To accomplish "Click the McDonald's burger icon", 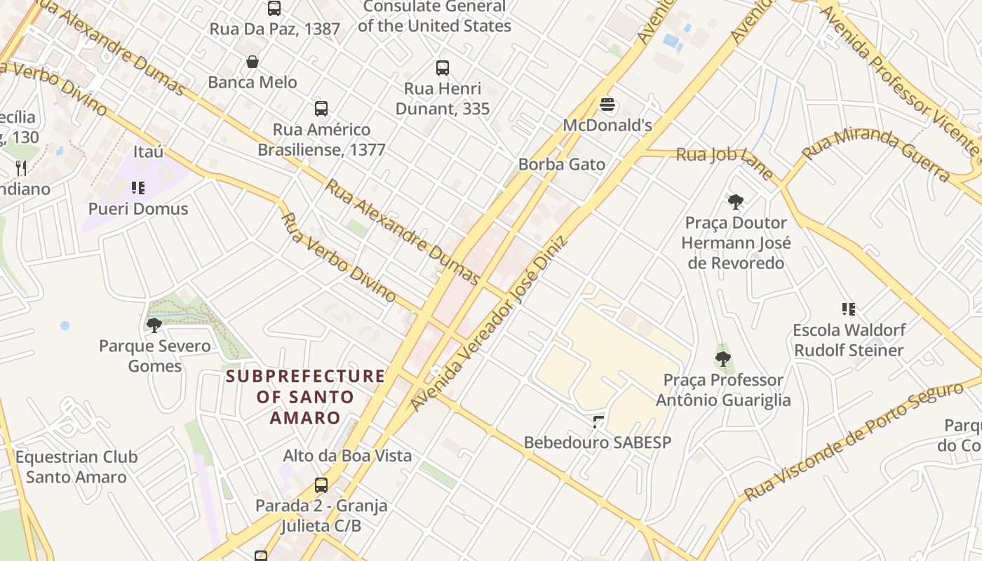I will pyautogui.click(x=608, y=105).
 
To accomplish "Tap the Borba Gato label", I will pyautogui.click(x=561, y=164).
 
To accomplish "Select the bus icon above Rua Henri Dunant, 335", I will pyautogui.click(x=442, y=68).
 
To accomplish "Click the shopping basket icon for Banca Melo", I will pyautogui.click(x=253, y=62).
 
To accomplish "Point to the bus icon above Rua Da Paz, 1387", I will pyautogui.click(x=274, y=8).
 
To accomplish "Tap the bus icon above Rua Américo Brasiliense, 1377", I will pyautogui.click(x=321, y=109).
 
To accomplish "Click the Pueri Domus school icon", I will pyautogui.click(x=138, y=187).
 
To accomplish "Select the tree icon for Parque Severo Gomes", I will pyautogui.click(x=154, y=325).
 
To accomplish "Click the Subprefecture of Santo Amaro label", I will pyautogui.click(x=305, y=397).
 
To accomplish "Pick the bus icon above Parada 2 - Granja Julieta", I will pyautogui.click(x=321, y=485).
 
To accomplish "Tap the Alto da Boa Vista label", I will pyautogui.click(x=347, y=455).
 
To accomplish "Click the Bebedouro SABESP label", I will pyautogui.click(x=598, y=442).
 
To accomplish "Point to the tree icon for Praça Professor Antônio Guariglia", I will pyautogui.click(x=722, y=359).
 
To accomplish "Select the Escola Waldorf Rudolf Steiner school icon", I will pyautogui.click(x=848, y=309).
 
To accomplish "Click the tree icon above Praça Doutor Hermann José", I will pyautogui.click(x=736, y=202).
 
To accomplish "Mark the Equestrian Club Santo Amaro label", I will pyautogui.click(x=76, y=467).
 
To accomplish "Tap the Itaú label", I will pyautogui.click(x=148, y=151).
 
